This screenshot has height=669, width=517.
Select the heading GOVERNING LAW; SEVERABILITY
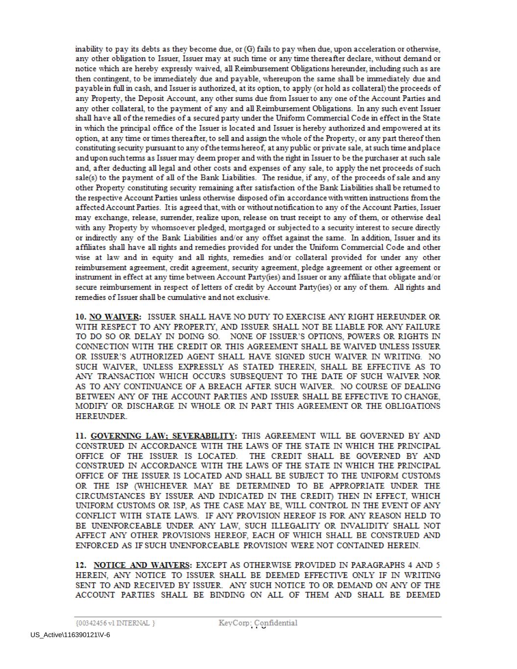(163, 436)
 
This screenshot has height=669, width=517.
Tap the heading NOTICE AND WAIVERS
(142, 565)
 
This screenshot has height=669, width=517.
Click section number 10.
(81, 317)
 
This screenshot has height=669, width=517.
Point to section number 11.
(81, 436)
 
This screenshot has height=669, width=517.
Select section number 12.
(81, 565)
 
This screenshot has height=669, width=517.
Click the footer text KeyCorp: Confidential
(258, 623)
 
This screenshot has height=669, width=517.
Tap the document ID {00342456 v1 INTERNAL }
(115, 623)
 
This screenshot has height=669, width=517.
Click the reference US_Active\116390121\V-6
(70, 635)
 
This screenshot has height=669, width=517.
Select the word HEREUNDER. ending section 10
(101, 416)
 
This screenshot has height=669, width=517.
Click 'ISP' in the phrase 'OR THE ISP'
(121, 486)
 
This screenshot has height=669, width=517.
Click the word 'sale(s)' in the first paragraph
(86, 178)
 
